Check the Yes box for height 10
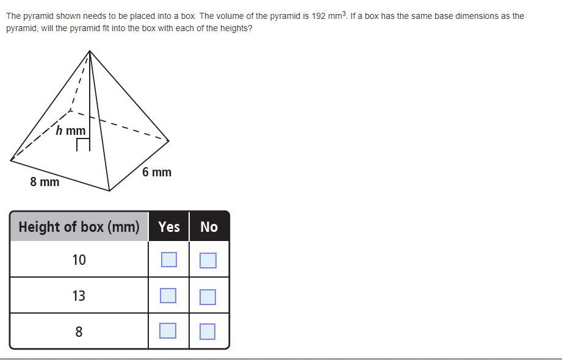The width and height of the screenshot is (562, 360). click(x=169, y=259)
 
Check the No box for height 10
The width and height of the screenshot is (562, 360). click(x=208, y=261)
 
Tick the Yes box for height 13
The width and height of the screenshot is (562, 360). click(x=168, y=295)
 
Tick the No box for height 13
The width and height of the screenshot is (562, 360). click(x=207, y=297)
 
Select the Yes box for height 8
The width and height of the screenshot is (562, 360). click(x=168, y=331)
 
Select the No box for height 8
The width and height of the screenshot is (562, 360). click(x=207, y=331)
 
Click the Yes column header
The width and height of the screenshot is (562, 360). click(x=169, y=226)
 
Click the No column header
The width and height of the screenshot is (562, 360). click(x=209, y=226)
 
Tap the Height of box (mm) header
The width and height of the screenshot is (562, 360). click(x=79, y=226)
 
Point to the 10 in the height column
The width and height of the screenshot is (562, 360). click(x=79, y=259)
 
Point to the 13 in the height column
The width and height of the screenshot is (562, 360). click(x=79, y=296)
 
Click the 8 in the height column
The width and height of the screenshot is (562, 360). click(x=79, y=332)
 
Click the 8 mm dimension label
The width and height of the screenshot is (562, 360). click(x=45, y=182)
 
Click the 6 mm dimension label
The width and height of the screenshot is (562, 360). click(x=157, y=172)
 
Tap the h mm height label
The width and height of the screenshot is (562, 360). click(x=71, y=130)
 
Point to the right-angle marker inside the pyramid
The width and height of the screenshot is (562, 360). click(x=83, y=145)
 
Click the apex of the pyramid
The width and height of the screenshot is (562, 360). click(x=90, y=51)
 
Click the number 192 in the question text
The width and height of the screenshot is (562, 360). click(x=319, y=16)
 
